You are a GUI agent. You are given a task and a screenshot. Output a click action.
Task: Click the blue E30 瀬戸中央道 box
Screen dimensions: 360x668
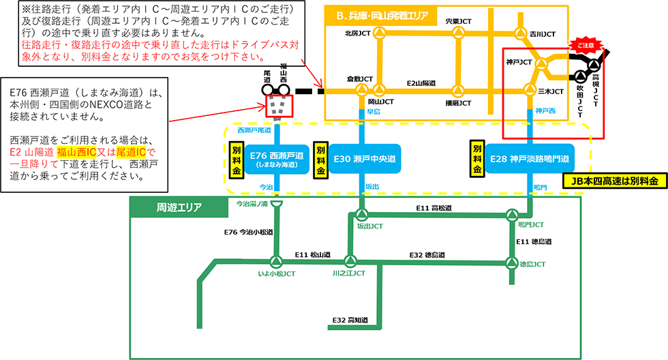click(365, 159)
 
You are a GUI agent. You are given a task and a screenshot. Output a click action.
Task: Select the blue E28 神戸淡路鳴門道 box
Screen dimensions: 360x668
click(530, 159)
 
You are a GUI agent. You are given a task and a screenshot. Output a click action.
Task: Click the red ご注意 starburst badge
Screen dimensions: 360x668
click(587, 44)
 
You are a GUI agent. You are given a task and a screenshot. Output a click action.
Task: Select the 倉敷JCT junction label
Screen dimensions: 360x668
click(360, 78)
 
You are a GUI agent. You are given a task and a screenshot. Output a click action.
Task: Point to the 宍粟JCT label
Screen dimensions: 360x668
click(457, 22)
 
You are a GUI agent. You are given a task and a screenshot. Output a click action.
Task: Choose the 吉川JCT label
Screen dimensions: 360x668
click(543, 33)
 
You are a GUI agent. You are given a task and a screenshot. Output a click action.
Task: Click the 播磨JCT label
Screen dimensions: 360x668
click(457, 104)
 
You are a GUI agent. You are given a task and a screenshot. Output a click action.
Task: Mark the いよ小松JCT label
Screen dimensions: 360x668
click(275, 273)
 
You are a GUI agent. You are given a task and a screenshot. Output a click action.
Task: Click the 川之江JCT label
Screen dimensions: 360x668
click(349, 273)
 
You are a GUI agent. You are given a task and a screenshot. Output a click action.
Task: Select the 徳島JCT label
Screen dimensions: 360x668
click(531, 263)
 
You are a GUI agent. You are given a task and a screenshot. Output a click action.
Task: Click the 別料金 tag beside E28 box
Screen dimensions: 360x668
click(478, 158)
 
